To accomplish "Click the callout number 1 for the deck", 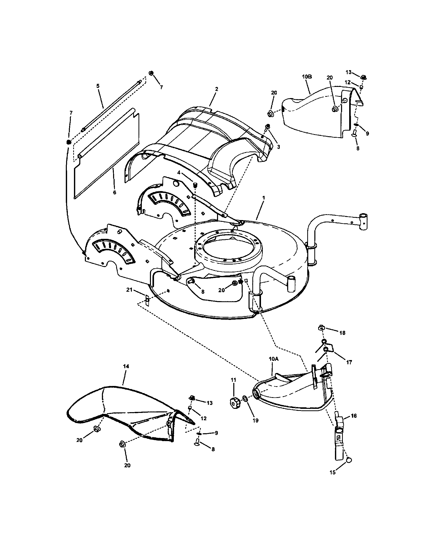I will pos(264,198).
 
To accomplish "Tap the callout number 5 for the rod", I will pos(98,86).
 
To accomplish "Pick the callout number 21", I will pos(129,289).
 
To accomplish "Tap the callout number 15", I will pos(332,473).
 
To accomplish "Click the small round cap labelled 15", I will pos(348,460).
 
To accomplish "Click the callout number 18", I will pos(342,333).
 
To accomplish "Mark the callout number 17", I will pos(349,362).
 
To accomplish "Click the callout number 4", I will pos(179,173).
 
